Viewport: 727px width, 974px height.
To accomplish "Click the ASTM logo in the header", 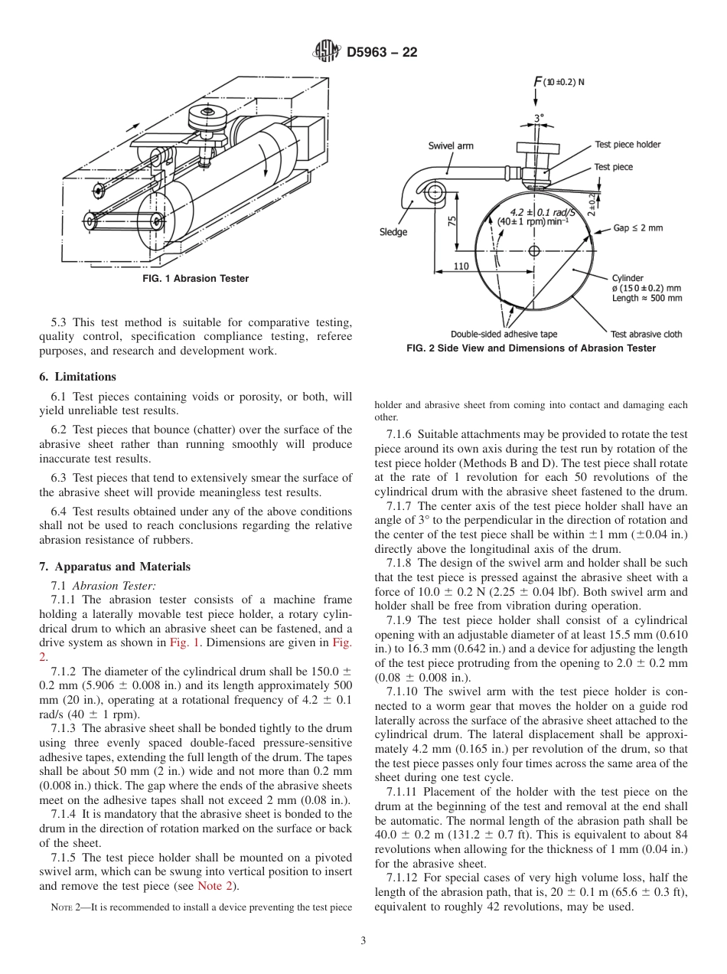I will tap(327, 52).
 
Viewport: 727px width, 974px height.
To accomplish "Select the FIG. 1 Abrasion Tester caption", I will tap(195, 279).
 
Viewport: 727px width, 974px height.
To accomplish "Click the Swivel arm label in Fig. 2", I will tap(451, 145).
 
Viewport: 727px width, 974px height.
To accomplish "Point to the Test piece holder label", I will tap(628, 145).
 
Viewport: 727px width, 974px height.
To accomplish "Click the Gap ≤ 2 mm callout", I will tap(637, 228).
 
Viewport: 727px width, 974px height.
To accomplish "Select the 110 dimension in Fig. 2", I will tap(461, 266).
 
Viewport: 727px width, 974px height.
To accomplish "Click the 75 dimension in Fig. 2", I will tap(452, 221).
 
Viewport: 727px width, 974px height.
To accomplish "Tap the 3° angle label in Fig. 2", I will tap(539, 119).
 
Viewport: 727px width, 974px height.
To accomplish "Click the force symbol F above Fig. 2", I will tap(538, 82).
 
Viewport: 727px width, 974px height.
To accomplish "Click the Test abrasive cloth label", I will tap(646, 334).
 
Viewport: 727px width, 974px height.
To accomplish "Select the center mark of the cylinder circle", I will tap(534, 250).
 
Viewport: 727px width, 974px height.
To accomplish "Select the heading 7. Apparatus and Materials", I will tap(115, 567).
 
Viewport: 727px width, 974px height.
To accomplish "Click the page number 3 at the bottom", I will tap(363, 941).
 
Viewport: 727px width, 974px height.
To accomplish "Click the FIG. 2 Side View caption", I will tap(531, 348).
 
